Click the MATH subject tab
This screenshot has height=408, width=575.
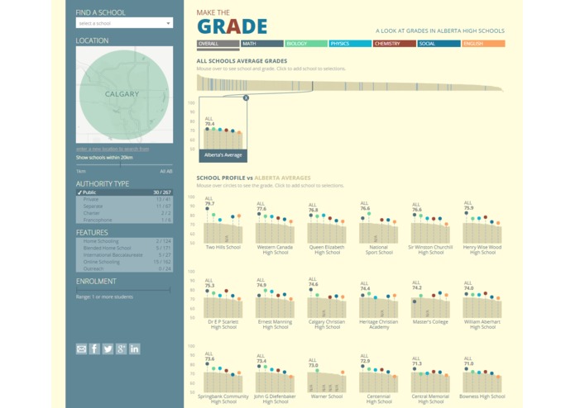(261, 44)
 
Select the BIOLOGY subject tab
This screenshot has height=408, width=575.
(305, 44)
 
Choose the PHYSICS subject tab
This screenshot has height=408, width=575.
(349, 44)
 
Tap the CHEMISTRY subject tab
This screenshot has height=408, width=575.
(394, 44)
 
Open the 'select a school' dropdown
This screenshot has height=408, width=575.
(124, 23)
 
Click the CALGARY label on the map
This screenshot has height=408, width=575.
(122, 94)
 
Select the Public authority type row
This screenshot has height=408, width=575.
(124, 192)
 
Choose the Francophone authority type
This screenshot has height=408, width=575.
(124, 221)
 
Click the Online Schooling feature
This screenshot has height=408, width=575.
(124, 262)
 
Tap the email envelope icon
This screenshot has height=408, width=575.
(81, 349)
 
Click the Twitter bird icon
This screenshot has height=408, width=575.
(108, 349)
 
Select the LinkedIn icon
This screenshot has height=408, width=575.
(134, 349)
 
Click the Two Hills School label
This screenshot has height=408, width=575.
(223, 247)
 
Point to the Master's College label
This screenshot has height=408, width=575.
(430, 322)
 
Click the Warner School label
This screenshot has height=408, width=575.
(327, 396)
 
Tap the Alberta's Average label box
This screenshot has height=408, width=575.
(223, 154)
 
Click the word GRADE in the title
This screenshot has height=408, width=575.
(232, 26)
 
